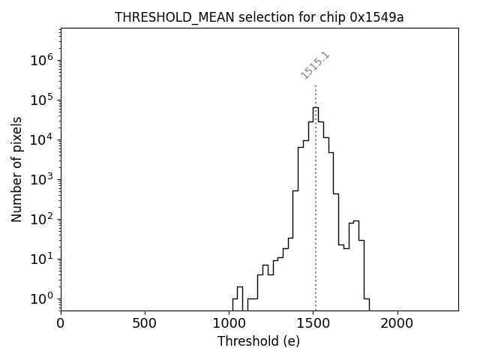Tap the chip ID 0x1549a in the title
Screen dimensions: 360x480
tap(377, 17)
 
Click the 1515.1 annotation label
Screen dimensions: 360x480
tap(315, 66)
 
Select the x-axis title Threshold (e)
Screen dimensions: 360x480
tap(259, 341)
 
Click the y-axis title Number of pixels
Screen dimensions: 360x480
tap(16, 169)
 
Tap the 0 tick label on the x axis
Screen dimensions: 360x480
tap(61, 323)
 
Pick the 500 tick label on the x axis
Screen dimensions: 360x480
tap(145, 323)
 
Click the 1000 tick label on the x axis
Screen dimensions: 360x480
tap(229, 323)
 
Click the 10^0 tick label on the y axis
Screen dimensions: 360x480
tap(41, 298)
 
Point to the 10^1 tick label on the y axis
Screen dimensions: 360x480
tap(41, 259)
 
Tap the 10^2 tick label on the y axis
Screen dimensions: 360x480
tap(41, 219)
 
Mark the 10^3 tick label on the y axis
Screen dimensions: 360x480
tap(41, 179)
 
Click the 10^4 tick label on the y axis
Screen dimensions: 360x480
tap(41, 139)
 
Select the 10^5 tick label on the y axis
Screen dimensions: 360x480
tap(41, 100)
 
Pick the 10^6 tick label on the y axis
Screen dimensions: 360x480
tap(41, 60)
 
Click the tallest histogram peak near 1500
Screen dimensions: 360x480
tap(316, 108)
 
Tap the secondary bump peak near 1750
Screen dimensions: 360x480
tap(356, 221)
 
